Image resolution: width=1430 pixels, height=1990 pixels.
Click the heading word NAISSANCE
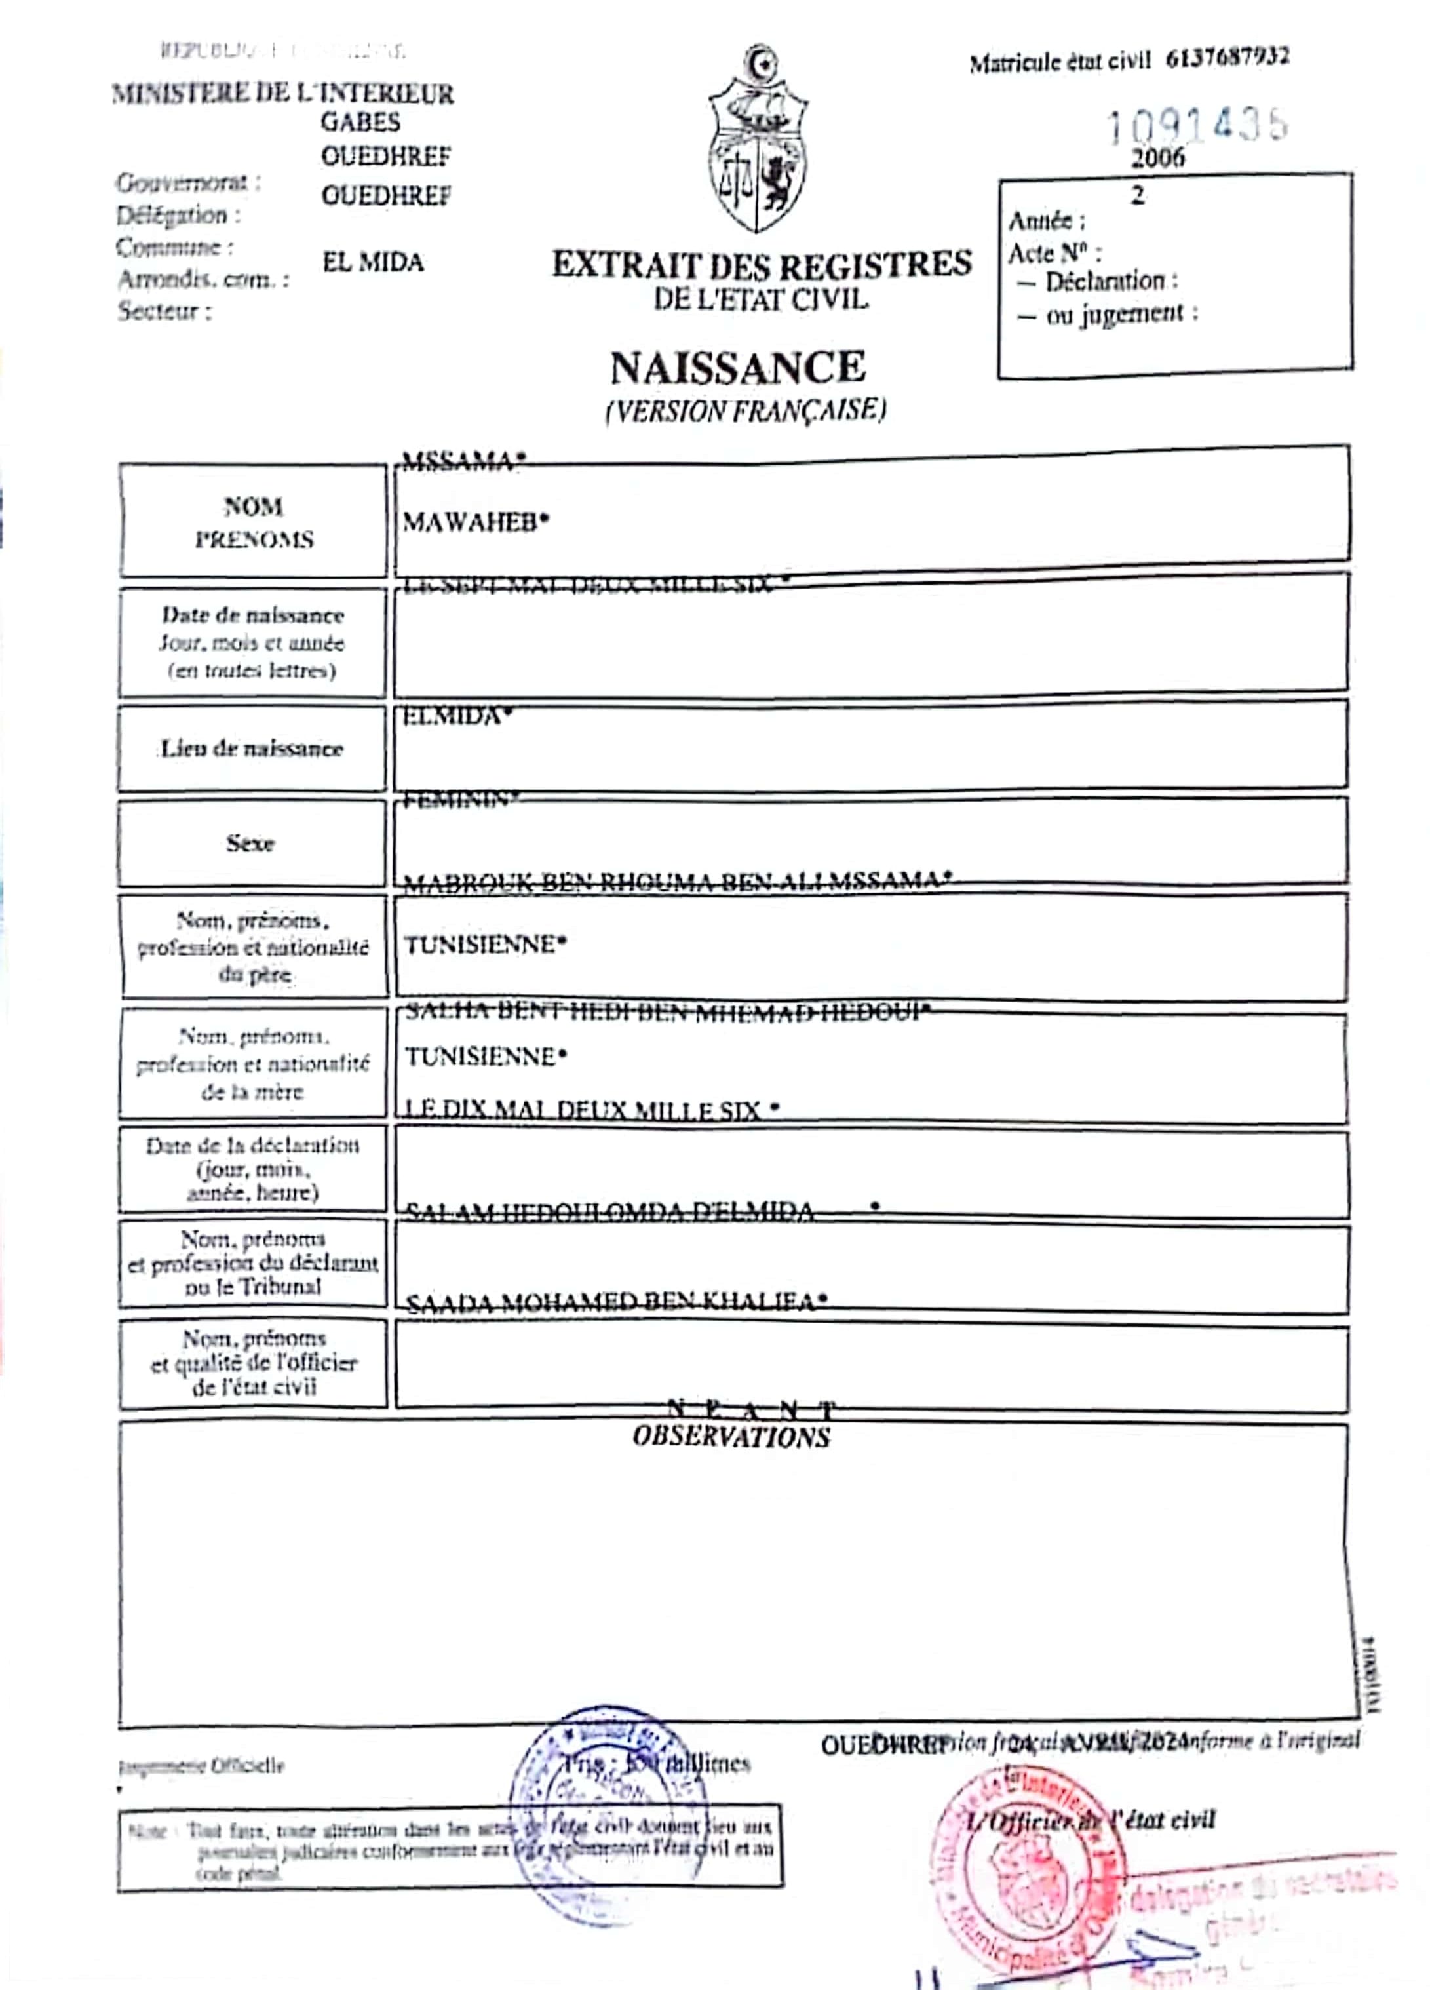pyautogui.click(x=738, y=368)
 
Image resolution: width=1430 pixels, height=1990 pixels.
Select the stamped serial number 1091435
pyautogui.click(x=1197, y=125)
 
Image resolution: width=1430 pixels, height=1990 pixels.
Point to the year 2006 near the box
pyautogui.click(x=1157, y=159)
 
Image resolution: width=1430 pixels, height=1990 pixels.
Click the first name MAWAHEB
pyautogui.click(x=474, y=523)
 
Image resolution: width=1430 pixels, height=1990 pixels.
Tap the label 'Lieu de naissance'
pyautogui.click(x=252, y=749)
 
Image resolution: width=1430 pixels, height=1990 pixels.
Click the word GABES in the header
pyautogui.click(x=360, y=122)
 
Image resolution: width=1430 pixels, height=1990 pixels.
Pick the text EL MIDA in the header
pyautogui.click(x=373, y=262)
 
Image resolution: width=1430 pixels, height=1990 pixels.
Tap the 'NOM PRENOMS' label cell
pyautogui.click(x=254, y=523)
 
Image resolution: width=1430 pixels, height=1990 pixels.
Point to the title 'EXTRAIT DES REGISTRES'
pyautogui.click(x=762, y=264)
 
